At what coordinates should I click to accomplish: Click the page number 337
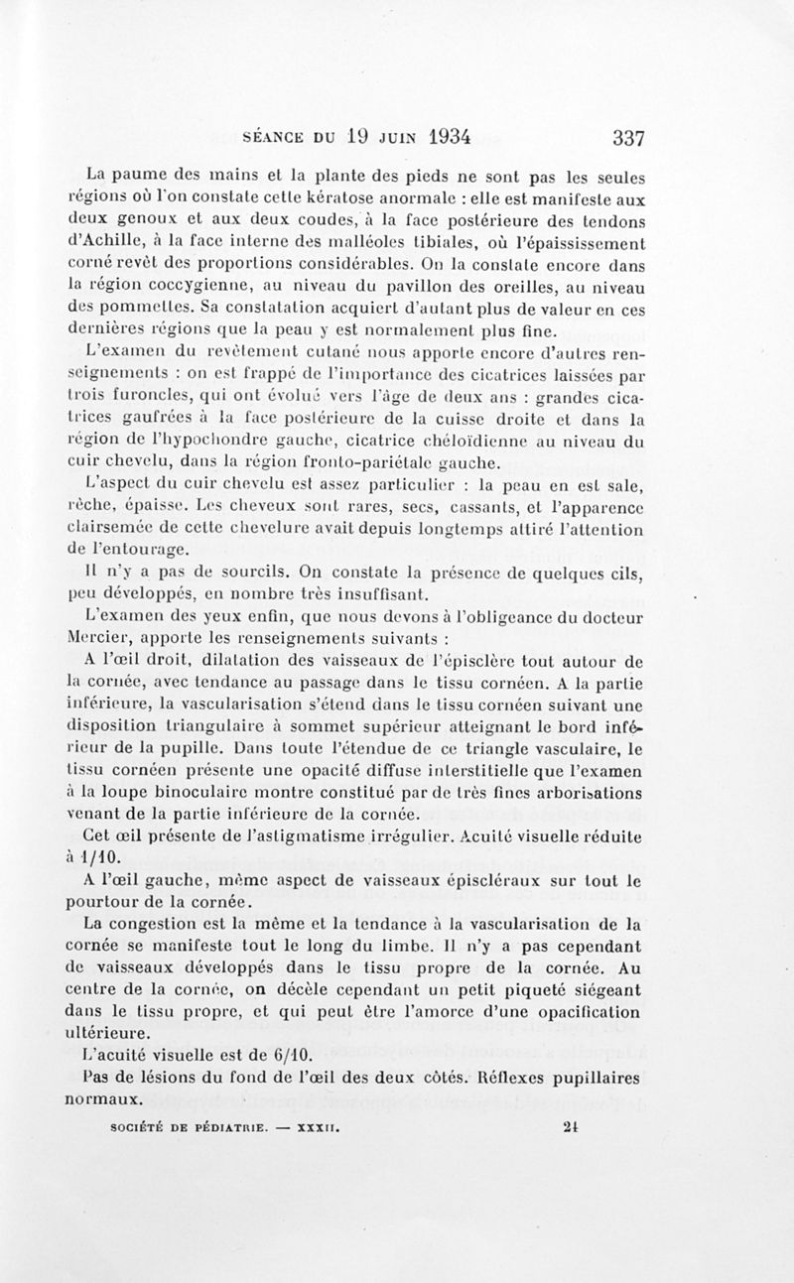[631, 137]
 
